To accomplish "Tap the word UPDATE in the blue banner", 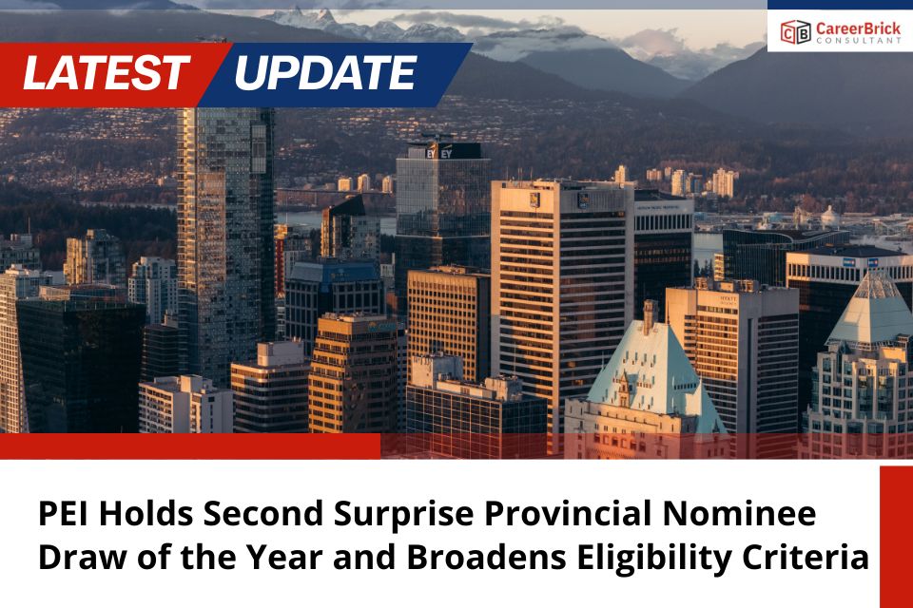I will [x=324, y=73].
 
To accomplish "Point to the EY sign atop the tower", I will [x=438, y=151].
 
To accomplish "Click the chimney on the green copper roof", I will [x=650, y=316].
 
